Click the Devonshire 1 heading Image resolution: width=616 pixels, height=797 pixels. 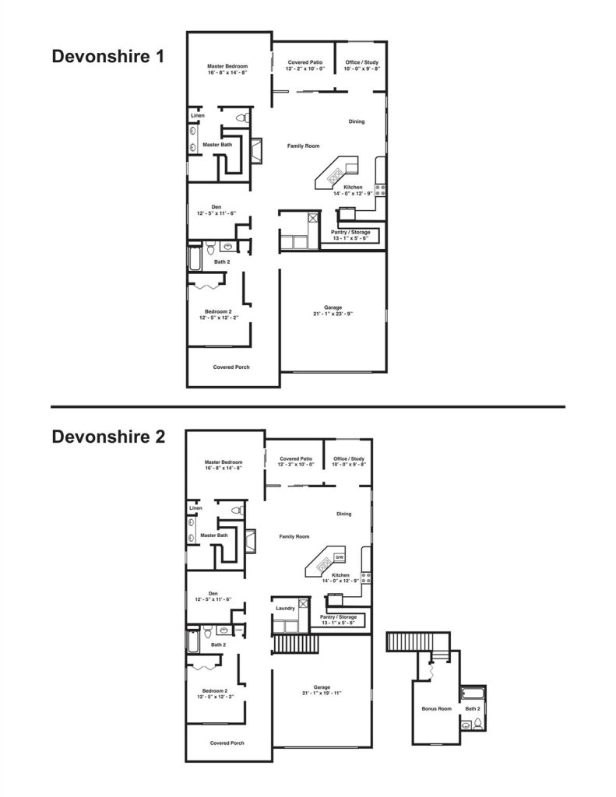(108, 57)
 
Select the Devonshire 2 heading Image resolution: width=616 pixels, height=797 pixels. (108, 437)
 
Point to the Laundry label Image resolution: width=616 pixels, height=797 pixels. (283, 608)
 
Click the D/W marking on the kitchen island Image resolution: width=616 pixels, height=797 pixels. (340, 558)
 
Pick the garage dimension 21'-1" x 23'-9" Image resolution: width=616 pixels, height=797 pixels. (333, 314)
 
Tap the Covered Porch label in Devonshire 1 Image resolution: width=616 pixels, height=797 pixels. (231, 367)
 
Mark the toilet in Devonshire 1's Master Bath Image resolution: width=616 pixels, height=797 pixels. (241, 118)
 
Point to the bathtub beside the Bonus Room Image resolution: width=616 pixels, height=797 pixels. (473, 692)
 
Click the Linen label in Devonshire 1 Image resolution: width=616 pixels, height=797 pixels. (198, 116)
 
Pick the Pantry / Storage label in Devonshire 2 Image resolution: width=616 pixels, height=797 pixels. (337, 618)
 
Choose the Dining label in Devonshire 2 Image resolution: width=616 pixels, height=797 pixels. (343, 514)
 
